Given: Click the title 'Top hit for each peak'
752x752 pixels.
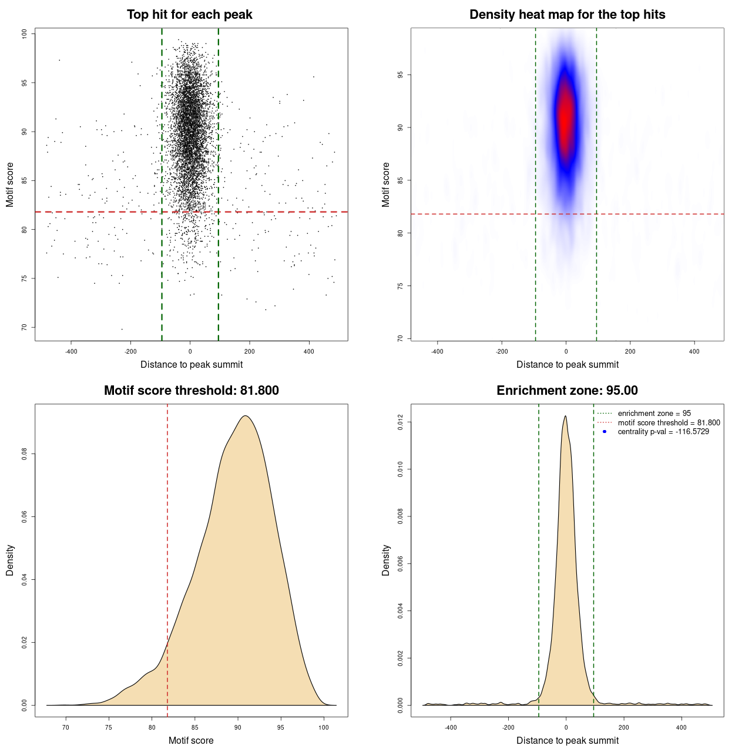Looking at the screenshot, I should [x=189, y=15].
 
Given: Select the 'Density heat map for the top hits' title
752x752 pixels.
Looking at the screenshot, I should [x=567, y=15].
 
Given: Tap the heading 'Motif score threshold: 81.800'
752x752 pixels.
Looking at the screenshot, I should [x=191, y=391].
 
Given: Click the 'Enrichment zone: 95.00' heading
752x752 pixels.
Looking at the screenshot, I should [x=567, y=391].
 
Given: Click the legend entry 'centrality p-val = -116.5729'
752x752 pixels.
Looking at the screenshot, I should [x=663, y=432].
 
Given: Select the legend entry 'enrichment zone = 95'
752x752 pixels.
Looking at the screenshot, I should [x=654, y=414].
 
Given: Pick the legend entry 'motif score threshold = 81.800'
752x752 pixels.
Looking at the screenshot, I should [x=669, y=422].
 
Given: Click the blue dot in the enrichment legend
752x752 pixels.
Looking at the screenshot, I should [x=605, y=432].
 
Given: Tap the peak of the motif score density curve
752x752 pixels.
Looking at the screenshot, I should [x=246, y=416].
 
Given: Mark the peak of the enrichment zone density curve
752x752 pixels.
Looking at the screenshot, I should [x=565, y=416].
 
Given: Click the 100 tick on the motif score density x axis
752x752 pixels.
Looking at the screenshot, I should [x=324, y=727].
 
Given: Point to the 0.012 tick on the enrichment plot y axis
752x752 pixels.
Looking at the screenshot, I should [x=400, y=422].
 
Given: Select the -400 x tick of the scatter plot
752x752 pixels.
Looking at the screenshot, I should [x=71, y=351].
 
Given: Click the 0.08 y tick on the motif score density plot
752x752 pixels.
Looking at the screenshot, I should [x=24, y=454].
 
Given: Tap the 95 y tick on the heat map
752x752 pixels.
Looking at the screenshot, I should [x=400, y=75].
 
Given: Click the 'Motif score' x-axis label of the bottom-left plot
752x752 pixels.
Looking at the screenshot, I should [x=191, y=741].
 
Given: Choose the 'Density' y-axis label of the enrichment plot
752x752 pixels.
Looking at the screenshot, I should [x=386, y=560].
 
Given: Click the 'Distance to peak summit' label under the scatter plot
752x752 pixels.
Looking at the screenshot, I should [x=192, y=365].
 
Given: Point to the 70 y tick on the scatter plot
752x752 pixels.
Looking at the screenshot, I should [x=24, y=327].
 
